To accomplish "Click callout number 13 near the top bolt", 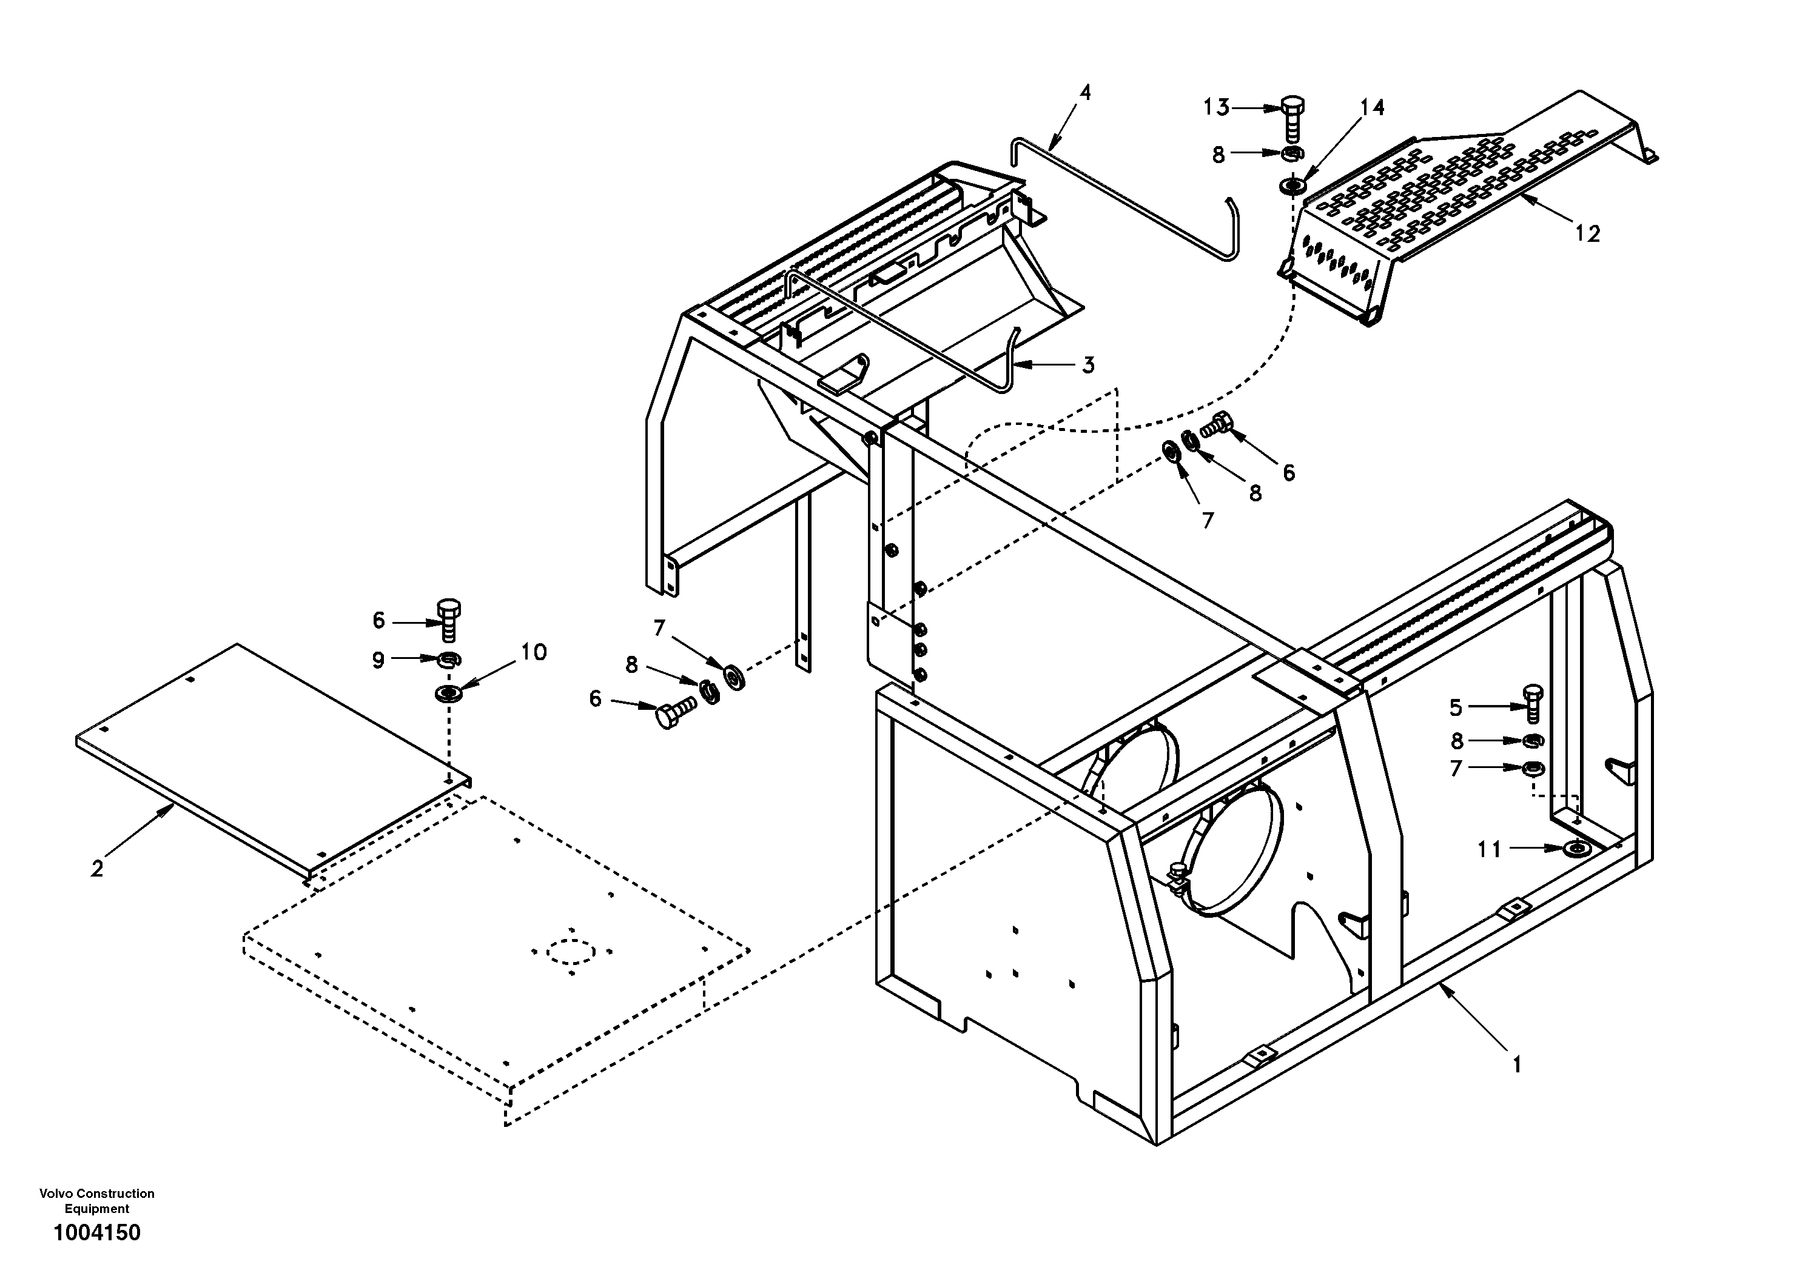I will (x=1216, y=108).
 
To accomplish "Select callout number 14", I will (x=1372, y=108).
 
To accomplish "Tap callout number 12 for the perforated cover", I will (x=1587, y=233).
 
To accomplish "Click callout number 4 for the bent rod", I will (x=1085, y=93).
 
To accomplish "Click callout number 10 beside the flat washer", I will (x=534, y=652).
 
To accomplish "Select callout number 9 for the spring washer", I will (x=378, y=660).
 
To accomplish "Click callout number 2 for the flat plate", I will (x=96, y=869).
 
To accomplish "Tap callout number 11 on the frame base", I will (x=1489, y=849).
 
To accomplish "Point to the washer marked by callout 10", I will (x=448, y=694).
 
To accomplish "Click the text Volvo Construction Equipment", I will (x=96, y=1201).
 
